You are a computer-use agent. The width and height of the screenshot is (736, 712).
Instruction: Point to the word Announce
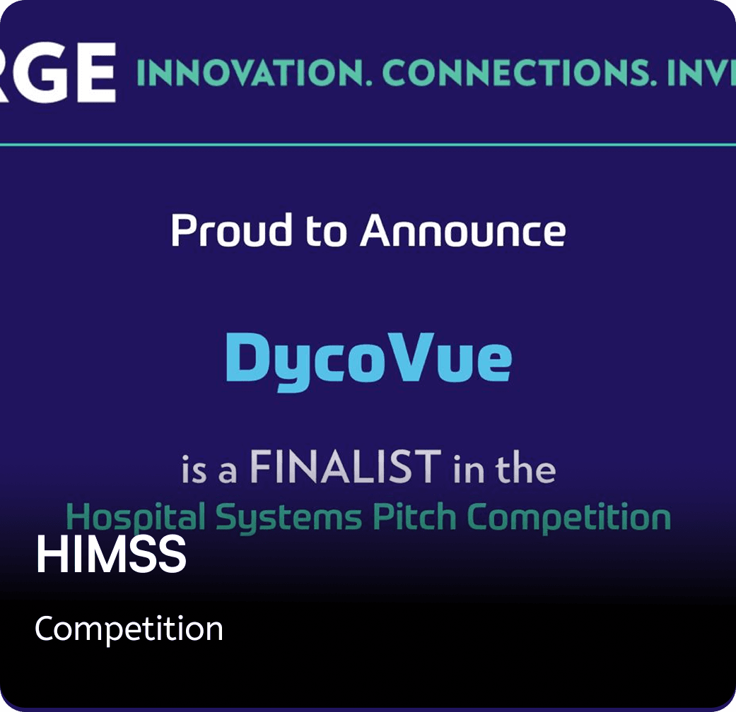click(463, 232)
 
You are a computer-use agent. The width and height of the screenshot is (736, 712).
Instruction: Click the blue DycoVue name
click(368, 359)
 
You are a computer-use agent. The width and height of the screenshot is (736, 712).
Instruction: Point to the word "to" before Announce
click(326, 232)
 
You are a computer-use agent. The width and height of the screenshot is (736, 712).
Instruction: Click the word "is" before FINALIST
click(194, 470)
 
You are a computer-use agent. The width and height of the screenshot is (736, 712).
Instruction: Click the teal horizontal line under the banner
click(368, 145)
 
